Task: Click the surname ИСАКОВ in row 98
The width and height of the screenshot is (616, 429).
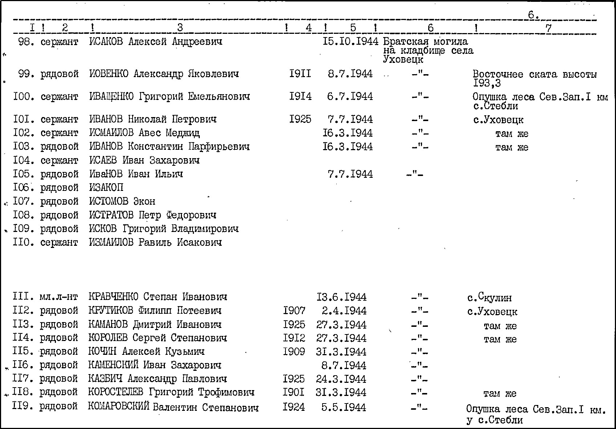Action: click(106, 41)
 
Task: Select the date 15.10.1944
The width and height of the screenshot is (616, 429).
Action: click(350, 41)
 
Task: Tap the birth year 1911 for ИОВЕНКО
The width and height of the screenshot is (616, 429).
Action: click(300, 74)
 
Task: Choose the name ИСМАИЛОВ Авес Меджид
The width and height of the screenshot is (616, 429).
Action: click(144, 133)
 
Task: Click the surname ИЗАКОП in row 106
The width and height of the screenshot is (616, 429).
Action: click(106, 188)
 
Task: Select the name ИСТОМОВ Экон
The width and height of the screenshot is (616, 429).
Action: click(122, 201)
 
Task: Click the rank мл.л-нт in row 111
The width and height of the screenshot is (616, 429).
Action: click(58, 297)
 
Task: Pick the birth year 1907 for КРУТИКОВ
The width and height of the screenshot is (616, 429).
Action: click(294, 311)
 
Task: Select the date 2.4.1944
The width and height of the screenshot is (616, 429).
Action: click(344, 311)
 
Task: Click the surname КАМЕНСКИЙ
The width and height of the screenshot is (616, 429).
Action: click(113, 365)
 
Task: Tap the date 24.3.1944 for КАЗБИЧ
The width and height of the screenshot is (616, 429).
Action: click(341, 379)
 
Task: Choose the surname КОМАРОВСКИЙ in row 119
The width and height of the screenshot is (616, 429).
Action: click(118, 407)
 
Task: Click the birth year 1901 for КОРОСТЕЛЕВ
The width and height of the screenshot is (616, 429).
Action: click(294, 393)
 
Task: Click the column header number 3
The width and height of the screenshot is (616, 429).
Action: click(180, 28)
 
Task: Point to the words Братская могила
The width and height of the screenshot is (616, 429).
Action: click(425, 41)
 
